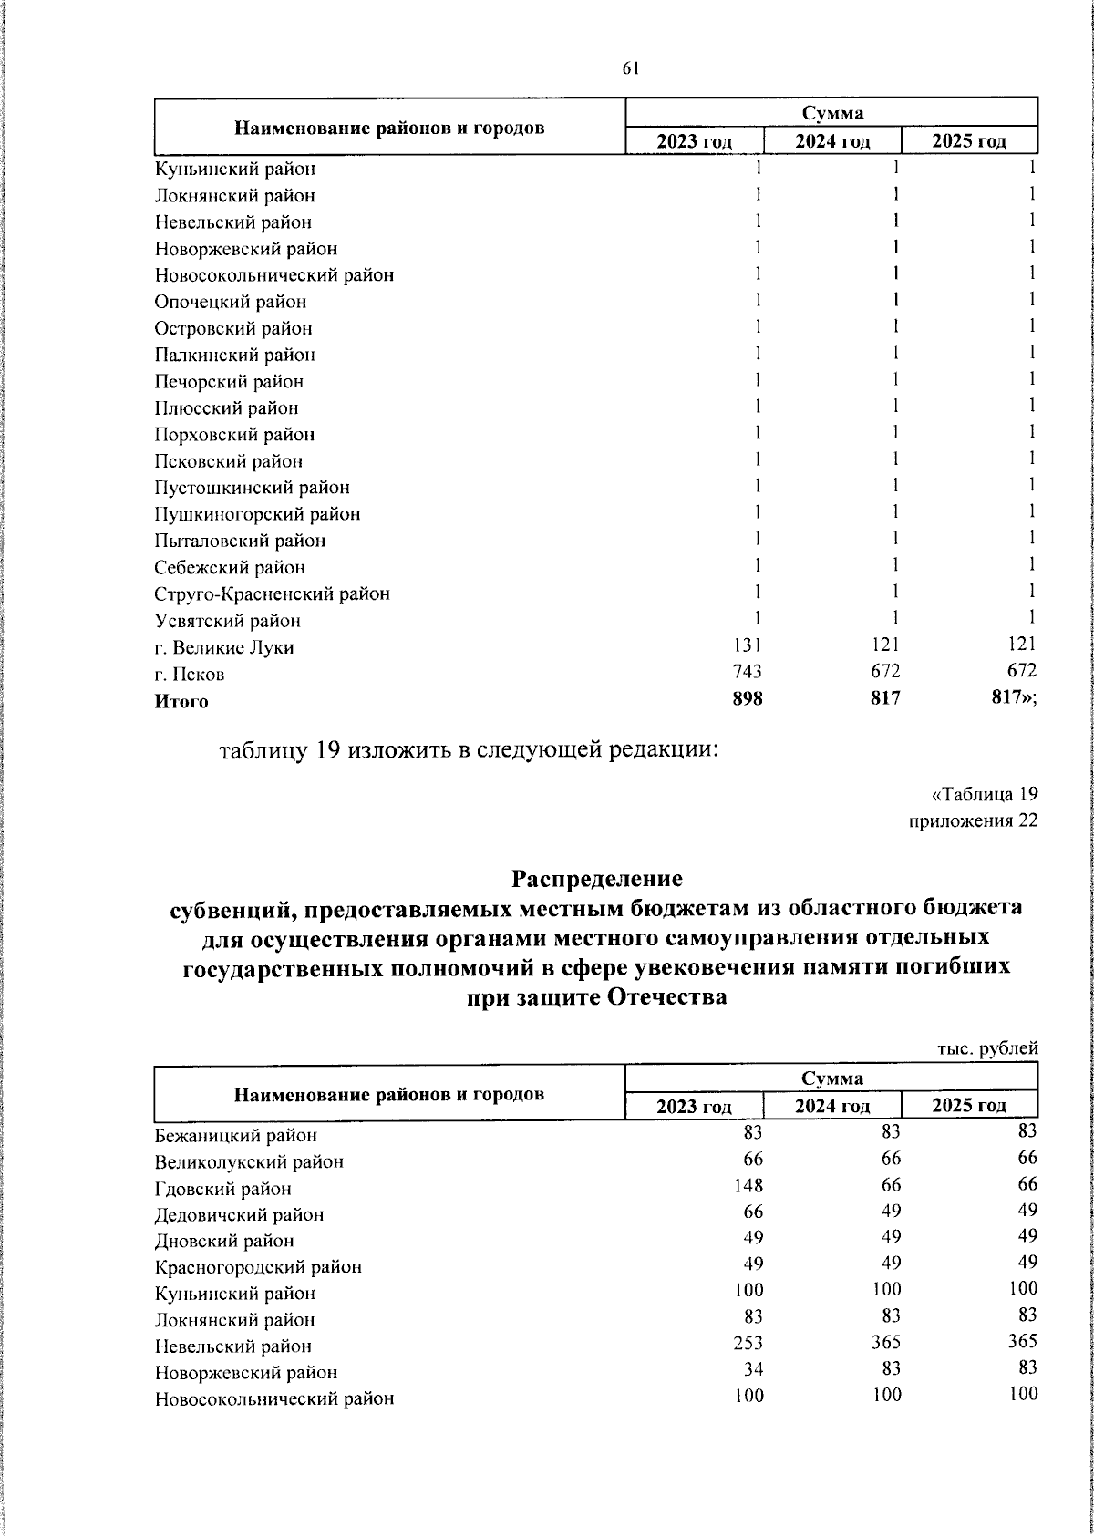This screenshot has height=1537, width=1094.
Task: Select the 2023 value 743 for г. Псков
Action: [747, 671]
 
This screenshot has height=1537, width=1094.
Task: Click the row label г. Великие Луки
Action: [224, 648]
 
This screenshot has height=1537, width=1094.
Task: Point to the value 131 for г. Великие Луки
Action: [748, 645]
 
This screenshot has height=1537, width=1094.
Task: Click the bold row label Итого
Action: [181, 702]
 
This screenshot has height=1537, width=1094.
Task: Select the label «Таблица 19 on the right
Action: [984, 792]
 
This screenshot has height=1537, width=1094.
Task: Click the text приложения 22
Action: [974, 820]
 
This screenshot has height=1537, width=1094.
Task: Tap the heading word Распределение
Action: [596, 879]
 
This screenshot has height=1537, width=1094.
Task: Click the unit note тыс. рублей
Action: [988, 1048]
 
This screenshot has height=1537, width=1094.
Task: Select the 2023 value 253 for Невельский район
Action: [748, 1343]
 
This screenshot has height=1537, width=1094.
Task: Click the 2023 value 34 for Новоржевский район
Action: [753, 1369]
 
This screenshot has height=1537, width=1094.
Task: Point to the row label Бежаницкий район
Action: [236, 1136]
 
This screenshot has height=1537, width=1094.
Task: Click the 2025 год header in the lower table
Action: [968, 1106]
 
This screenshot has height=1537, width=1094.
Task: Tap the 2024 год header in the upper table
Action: [831, 141]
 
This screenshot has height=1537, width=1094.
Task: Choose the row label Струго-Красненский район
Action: [272, 594]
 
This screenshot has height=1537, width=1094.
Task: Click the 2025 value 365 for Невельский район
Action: [1023, 1341]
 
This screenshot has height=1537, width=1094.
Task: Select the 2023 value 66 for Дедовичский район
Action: [753, 1212]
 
